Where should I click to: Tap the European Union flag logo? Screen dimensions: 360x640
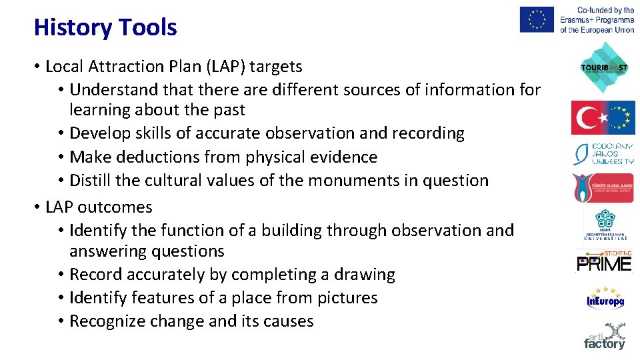tap(537, 19)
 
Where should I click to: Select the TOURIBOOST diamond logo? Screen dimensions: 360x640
tap(604, 67)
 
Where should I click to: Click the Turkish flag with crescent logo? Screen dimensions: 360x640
tap(603, 117)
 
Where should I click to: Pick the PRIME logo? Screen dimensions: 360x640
tap(604, 262)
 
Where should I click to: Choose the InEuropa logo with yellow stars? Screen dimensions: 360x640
tap(605, 299)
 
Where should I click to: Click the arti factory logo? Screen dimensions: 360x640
tap(605, 337)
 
